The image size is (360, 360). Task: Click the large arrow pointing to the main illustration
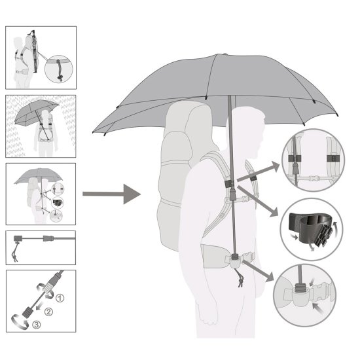pos(111,194)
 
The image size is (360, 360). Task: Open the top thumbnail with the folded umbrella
pos(41,58)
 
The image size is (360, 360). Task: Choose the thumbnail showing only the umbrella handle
pos(41,247)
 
